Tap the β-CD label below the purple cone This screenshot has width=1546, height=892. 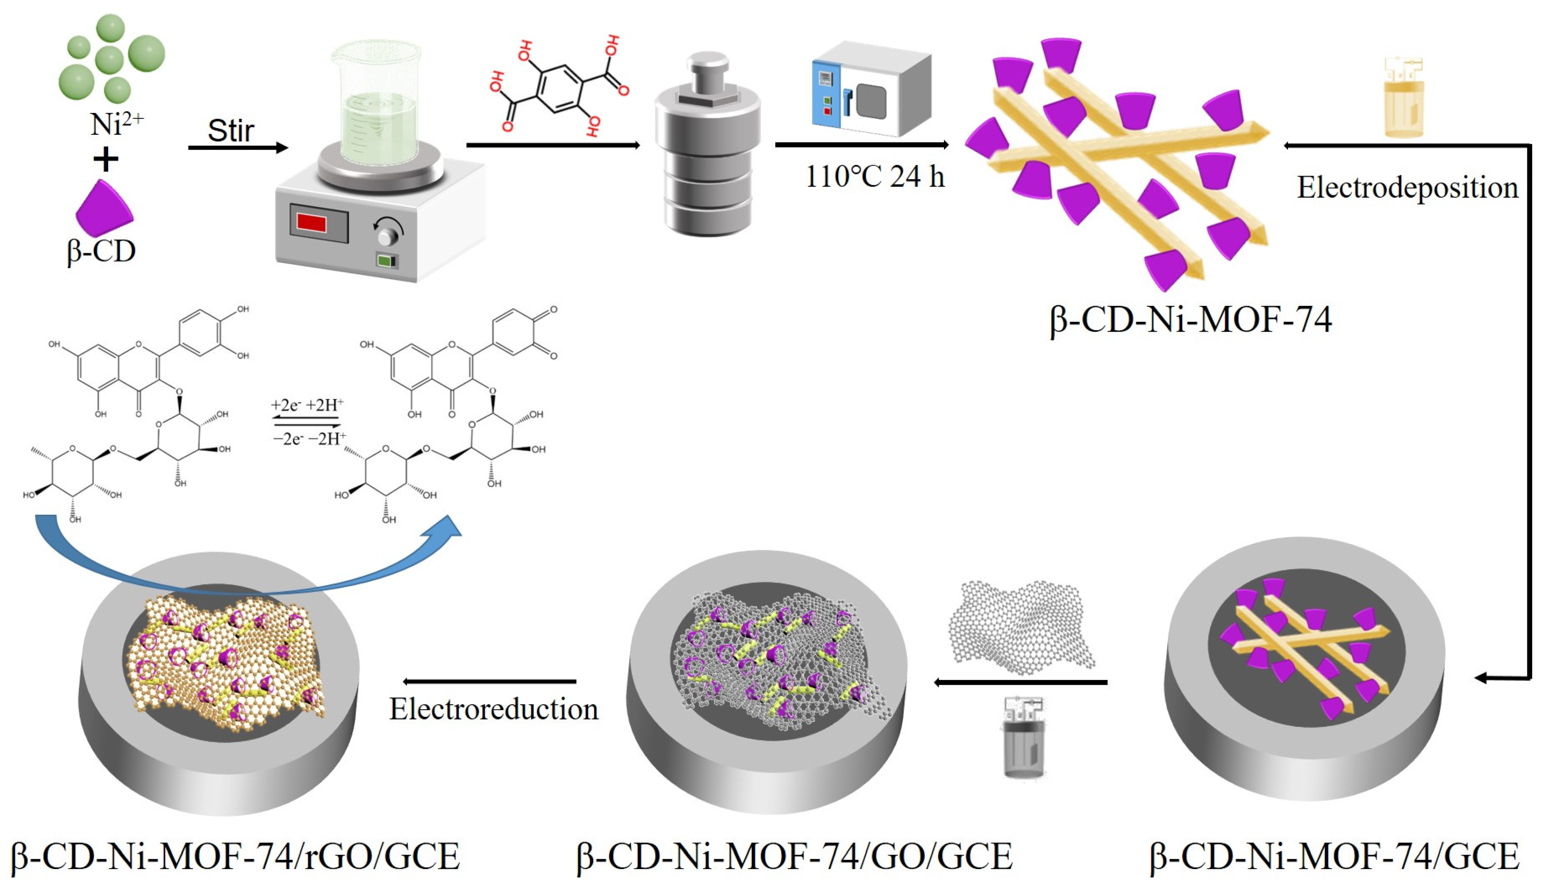coord(101,251)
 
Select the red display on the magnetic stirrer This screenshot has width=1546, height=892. coord(311,222)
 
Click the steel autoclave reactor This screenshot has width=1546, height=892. coord(707,147)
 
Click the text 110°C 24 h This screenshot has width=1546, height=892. coord(874,177)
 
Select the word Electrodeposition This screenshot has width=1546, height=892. coord(1407,187)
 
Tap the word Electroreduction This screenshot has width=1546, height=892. coord(494,709)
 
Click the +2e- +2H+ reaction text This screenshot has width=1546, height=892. coord(308,405)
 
